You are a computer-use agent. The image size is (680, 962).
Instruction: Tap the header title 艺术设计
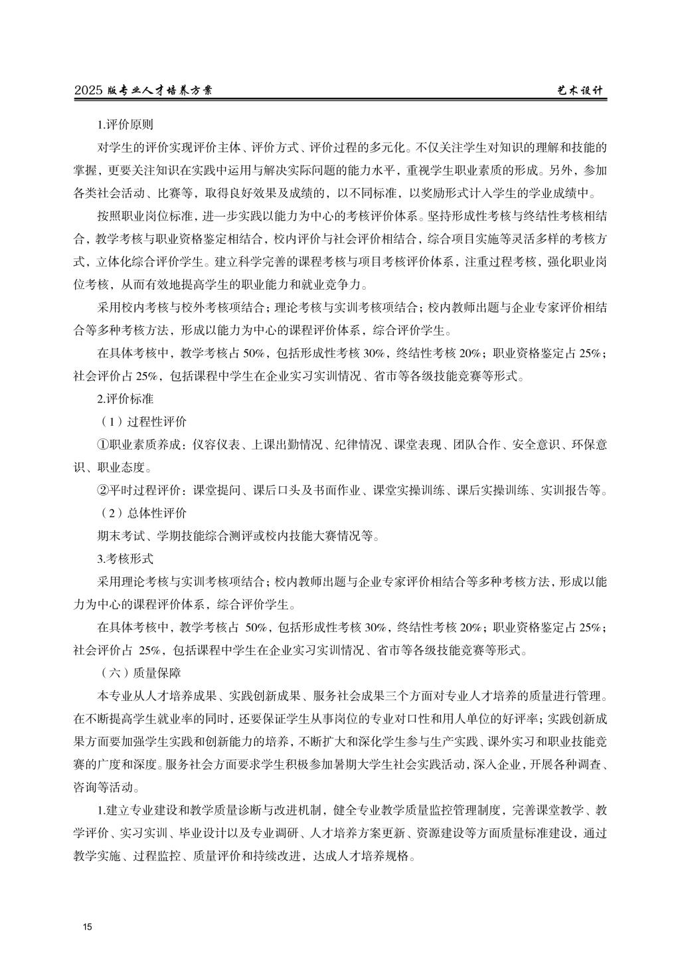(x=580, y=91)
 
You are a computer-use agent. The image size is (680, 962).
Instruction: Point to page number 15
(x=86, y=927)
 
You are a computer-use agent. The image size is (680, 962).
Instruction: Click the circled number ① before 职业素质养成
(x=103, y=445)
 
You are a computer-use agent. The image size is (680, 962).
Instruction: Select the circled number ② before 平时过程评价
(x=103, y=491)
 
